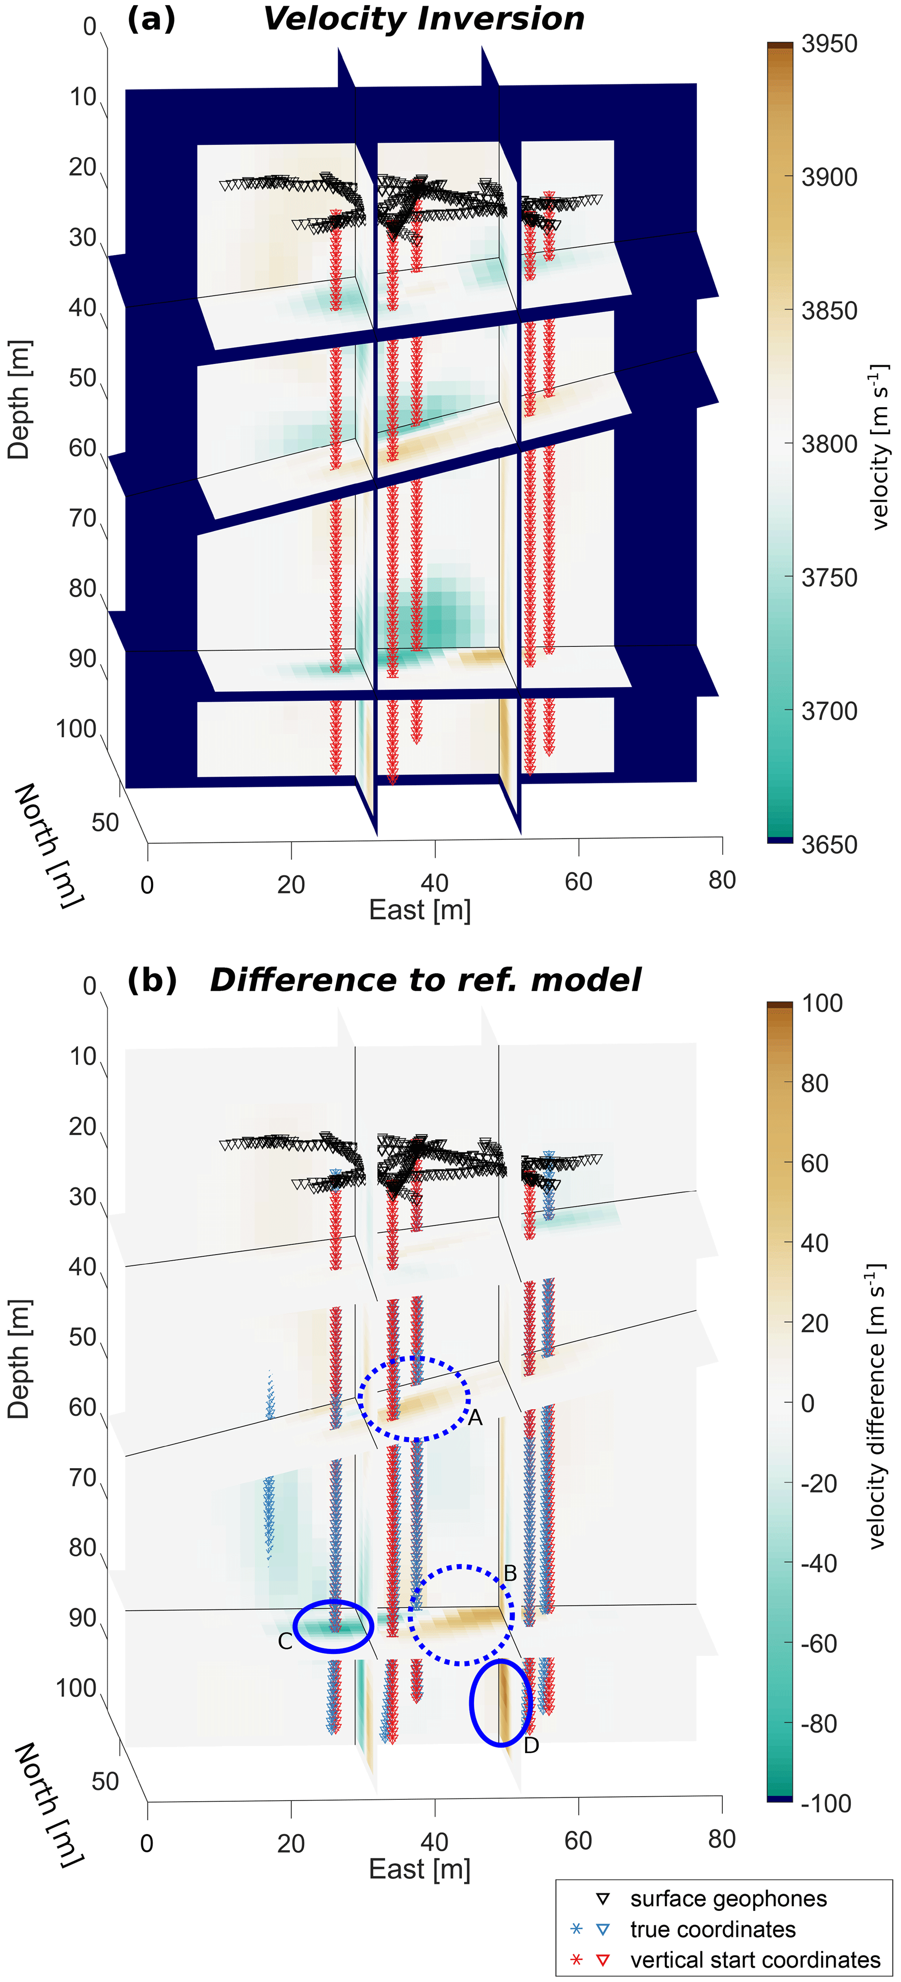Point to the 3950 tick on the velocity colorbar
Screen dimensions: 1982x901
(x=829, y=44)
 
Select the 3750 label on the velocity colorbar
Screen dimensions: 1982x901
(x=829, y=577)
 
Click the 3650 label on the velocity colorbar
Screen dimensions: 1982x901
(x=829, y=844)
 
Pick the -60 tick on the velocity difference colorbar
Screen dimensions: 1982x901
(x=820, y=1643)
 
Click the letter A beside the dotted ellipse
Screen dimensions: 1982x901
(x=475, y=1417)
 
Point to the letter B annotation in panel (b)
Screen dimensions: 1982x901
(x=510, y=1574)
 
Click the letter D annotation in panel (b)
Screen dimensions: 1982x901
(x=531, y=1745)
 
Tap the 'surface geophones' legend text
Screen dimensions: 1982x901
(x=728, y=1899)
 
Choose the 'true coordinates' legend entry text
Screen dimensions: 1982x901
(x=713, y=1929)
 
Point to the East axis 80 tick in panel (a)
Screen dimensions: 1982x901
(x=722, y=880)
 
